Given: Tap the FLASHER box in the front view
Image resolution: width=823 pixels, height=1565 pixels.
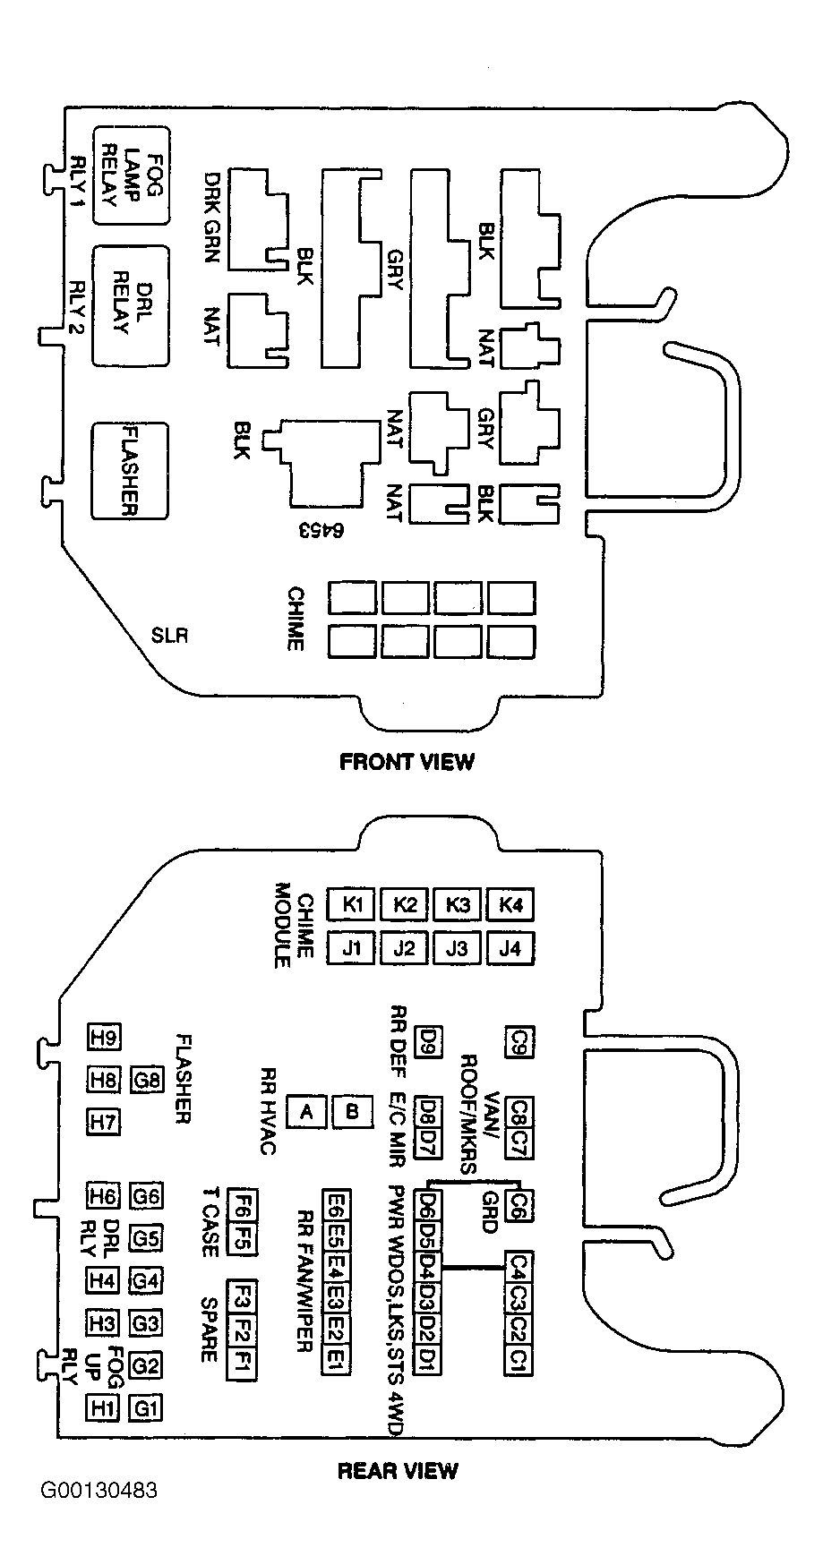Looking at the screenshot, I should (x=129, y=470).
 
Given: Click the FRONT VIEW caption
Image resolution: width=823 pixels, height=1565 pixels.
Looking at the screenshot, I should (x=407, y=762).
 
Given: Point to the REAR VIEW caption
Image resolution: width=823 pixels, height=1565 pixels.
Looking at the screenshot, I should (x=398, y=1470).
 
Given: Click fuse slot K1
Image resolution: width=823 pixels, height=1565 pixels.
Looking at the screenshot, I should (x=353, y=904).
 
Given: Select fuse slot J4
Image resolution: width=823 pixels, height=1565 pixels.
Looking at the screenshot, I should (x=510, y=946).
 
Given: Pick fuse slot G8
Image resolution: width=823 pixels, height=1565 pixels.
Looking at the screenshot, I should (x=147, y=1080).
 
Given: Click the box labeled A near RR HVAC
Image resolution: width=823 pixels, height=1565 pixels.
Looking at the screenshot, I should (x=307, y=1112).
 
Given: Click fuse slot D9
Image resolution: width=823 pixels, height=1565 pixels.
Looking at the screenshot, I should (x=429, y=1040).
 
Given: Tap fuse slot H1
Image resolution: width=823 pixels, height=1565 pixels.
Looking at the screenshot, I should (x=103, y=1408).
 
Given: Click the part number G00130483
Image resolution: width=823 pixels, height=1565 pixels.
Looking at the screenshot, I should (x=99, y=1516).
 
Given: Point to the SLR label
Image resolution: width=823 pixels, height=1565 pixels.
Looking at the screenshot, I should (x=169, y=637).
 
